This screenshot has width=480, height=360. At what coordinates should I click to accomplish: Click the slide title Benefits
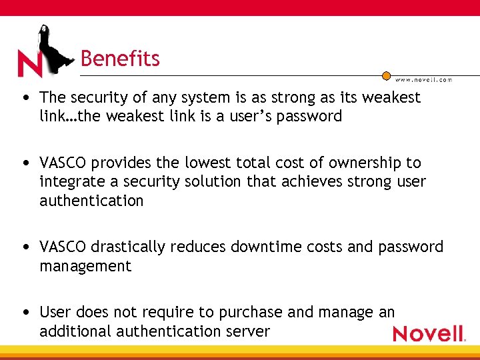click(x=120, y=59)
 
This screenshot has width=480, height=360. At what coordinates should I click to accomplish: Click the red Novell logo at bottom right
click(x=428, y=333)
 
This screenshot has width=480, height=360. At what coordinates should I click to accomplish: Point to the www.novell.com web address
click(x=424, y=80)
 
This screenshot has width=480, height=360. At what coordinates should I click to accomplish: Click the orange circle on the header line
click(x=386, y=75)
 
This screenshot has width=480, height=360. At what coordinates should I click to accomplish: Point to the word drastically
click(x=127, y=247)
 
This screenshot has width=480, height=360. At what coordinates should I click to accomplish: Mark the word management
click(x=85, y=266)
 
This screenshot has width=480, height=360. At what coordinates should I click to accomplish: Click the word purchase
click(x=254, y=312)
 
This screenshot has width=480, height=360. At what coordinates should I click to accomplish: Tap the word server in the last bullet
click(x=248, y=331)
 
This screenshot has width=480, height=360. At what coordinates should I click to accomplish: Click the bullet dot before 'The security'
click(x=25, y=98)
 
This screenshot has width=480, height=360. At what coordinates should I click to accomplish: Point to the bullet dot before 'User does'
click(x=25, y=313)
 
